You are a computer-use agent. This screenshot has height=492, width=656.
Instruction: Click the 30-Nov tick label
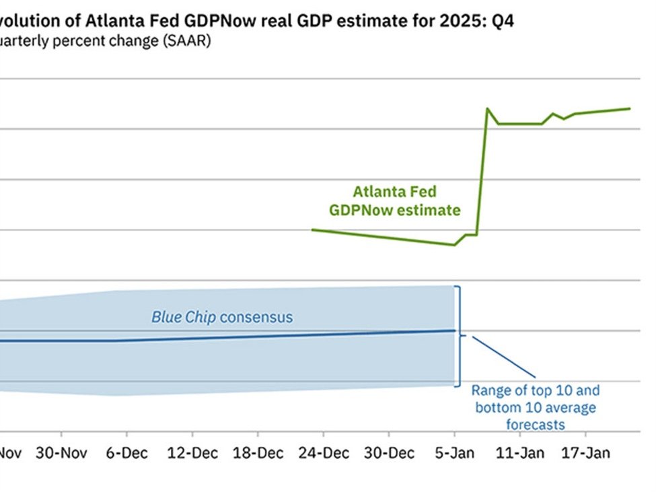point(61,453)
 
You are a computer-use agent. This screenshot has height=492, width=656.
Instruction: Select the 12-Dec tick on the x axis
point(192,453)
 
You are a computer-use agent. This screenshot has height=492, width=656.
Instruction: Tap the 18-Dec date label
point(258,453)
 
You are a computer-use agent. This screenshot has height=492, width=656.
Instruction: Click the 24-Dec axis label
point(324,453)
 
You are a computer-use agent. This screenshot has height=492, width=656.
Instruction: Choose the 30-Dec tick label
point(389,453)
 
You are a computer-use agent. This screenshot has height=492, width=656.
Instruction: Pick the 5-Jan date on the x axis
point(455,453)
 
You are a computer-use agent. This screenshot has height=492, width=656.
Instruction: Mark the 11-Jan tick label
point(520,453)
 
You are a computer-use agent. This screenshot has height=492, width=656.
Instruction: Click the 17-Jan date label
point(585,453)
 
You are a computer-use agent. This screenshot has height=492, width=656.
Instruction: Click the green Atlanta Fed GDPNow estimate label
point(395,201)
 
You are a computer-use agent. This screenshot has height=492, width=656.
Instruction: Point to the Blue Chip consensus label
point(222,317)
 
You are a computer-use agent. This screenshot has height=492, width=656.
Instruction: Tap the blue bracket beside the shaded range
point(459,335)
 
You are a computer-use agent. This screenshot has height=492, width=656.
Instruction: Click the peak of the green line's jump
point(486,108)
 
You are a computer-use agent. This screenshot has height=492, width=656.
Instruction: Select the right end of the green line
point(630,108)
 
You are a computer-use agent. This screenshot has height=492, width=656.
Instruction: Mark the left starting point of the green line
point(313,230)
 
